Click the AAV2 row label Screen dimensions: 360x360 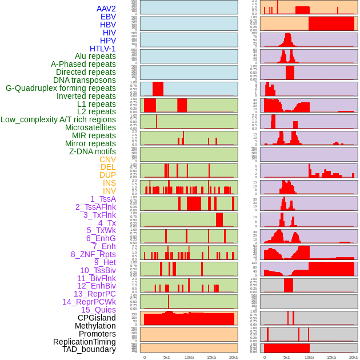coord(106,9)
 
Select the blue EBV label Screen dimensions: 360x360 coord(108,17)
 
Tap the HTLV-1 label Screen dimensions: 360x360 coord(102,49)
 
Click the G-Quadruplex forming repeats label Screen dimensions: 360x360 coord(61,88)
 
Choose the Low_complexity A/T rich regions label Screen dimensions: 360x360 coord(58,119)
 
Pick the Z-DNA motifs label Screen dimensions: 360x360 coord(93,151)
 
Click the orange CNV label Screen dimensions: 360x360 coord(107,159)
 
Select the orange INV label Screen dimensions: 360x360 coord(109,191)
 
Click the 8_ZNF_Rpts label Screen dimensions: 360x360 coord(93,254)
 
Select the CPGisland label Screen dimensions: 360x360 coord(97,318)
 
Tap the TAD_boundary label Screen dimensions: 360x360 coord(89,349)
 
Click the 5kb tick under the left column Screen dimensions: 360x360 coord(167,357)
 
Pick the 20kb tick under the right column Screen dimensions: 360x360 coord(354,357)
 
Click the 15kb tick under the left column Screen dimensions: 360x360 coord(211,357)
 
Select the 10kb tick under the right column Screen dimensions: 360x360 coord(309,357)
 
